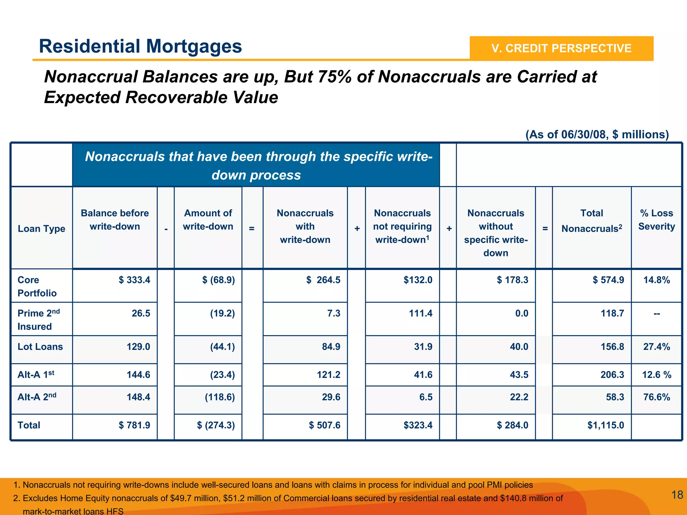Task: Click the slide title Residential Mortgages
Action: tap(140, 46)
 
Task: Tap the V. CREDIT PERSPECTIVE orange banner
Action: tap(561, 48)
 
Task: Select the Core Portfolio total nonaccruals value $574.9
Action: tap(608, 280)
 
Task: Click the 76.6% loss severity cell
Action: tap(656, 397)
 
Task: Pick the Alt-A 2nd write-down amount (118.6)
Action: tap(220, 397)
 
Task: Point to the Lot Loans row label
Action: tap(40, 347)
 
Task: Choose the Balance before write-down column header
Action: tap(115, 220)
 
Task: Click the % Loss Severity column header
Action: tap(656, 220)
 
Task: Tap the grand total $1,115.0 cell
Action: tap(605, 425)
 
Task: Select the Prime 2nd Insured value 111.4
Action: tap(420, 314)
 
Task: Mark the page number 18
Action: tap(677, 495)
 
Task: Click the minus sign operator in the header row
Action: tap(166, 229)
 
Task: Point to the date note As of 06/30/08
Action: tap(597, 135)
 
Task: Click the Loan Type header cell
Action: tap(42, 229)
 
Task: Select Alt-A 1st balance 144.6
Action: tap(138, 375)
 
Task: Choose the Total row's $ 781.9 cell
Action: tap(134, 425)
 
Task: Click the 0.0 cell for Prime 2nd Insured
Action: tap(521, 314)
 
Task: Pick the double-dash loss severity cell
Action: tap(656, 314)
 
